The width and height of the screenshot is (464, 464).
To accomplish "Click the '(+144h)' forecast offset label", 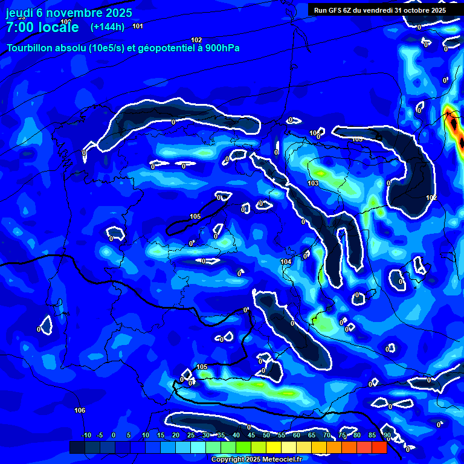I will coord(107,27).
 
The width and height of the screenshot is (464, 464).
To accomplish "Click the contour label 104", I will coord(286,262).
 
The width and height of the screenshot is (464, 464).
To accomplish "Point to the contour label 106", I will coord(80,411).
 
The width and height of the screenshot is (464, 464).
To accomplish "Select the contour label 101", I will coord(138,26).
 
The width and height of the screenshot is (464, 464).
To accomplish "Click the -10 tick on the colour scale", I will coord(86,436).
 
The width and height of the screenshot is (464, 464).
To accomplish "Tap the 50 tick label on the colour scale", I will coord(266,436).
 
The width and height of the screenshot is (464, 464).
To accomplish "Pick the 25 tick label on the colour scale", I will coord(191,436).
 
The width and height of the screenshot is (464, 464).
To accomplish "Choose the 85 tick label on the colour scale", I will coord(372,436).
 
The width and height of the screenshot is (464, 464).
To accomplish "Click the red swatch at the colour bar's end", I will coord(379,447).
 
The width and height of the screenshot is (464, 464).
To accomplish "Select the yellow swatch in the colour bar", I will coord(273,447).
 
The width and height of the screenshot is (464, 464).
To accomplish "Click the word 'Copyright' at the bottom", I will coord(227,459).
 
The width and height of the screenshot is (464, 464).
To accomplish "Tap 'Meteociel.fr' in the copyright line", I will coord(281,459).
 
